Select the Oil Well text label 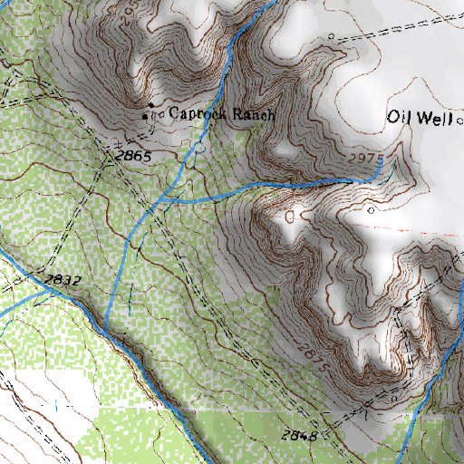(x=419, y=117)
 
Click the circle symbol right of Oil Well (x=459, y=118)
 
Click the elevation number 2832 (x=63, y=280)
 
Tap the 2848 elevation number (x=298, y=436)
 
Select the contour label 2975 (x=366, y=159)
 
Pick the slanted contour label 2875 (x=310, y=354)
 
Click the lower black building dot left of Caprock (x=146, y=117)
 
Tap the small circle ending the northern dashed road (x=332, y=37)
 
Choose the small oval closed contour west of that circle (x=289, y=217)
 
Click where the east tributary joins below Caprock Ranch (x=161, y=197)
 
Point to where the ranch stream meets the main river (x=107, y=324)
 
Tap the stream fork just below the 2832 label (x=45, y=292)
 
